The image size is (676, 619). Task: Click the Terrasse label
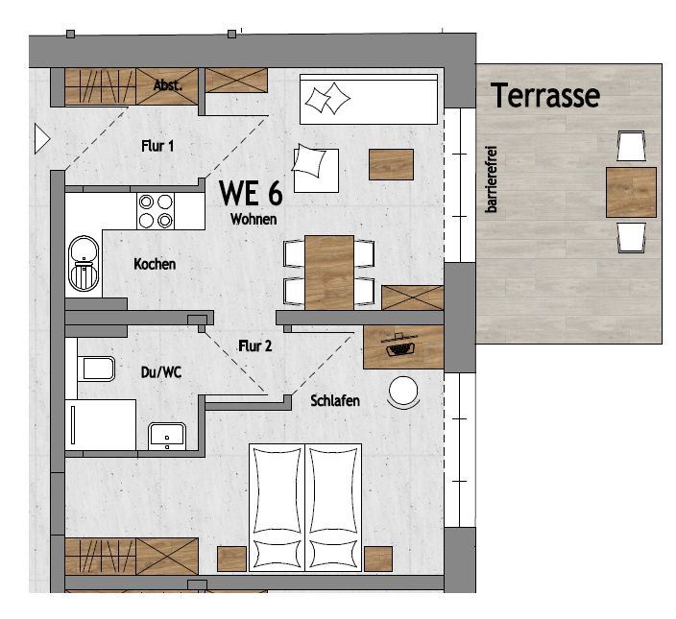pyautogui.click(x=545, y=95)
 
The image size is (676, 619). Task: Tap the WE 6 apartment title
pyautogui.click(x=251, y=193)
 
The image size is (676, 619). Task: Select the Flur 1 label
pyautogui.click(x=157, y=146)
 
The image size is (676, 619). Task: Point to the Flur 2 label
pyautogui.click(x=255, y=345)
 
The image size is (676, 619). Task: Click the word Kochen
pyautogui.click(x=155, y=264)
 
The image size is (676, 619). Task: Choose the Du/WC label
pyautogui.click(x=160, y=372)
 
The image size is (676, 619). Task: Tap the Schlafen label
pyautogui.click(x=335, y=400)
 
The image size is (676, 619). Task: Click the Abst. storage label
pyautogui.click(x=168, y=85)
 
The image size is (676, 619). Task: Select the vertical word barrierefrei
pyautogui.click(x=491, y=179)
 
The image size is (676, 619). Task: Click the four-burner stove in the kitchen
pyautogui.click(x=156, y=211)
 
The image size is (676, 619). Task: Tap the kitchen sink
pyautogui.click(x=84, y=263)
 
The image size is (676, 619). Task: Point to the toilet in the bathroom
pyautogui.click(x=96, y=369)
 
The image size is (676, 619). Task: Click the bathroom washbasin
pyautogui.click(x=167, y=437)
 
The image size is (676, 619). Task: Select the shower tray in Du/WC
pyautogui.click(x=101, y=425)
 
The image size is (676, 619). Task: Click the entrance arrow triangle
pyautogui.click(x=42, y=139)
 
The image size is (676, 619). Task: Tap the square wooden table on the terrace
pyautogui.click(x=631, y=192)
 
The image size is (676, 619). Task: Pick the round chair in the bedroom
pyautogui.click(x=403, y=392)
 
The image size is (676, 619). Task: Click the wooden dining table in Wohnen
pyautogui.click(x=329, y=273)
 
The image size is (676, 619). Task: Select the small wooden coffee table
pyautogui.click(x=391, y=164)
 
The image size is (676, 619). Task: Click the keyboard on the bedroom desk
pyautogui.click(x=399, y=348)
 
